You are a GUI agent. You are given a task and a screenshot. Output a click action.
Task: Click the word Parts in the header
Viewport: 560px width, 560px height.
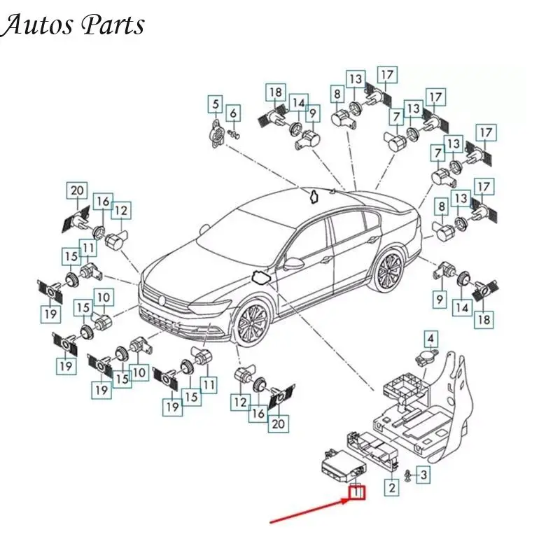tap(113, 25)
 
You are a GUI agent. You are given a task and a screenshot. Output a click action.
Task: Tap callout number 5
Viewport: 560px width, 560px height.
tap(216, 104)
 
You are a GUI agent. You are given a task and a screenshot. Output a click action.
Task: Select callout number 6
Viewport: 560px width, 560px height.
tap(233, 113)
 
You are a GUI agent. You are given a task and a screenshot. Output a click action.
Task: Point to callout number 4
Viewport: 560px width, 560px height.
tap(431, 339)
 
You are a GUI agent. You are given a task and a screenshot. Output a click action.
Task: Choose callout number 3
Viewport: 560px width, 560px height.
tap(423, 475)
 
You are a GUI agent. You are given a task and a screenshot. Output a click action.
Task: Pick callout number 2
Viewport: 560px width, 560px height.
tap(392, 487)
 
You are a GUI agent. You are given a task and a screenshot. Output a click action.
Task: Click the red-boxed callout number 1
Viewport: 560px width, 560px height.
tap(357, 493)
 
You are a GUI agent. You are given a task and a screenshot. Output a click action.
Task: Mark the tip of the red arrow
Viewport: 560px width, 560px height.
tap(349, 500)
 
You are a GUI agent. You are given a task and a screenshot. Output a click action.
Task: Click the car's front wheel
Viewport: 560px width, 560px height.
tap(252, 323)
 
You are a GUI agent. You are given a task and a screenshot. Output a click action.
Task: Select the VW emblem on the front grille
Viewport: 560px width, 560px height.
tap(162, 300)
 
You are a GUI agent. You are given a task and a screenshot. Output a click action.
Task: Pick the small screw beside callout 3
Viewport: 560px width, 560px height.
tap(407, 476)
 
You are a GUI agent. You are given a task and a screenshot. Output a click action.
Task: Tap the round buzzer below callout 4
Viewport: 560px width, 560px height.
tap(426, 358)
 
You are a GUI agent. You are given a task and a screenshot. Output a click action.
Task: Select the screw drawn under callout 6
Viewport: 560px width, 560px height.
tap(234, 134)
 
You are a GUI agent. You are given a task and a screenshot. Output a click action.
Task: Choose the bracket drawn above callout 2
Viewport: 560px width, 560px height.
tap(372, 449)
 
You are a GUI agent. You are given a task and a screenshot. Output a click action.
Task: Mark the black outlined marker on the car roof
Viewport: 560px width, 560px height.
tap(314, 197)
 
